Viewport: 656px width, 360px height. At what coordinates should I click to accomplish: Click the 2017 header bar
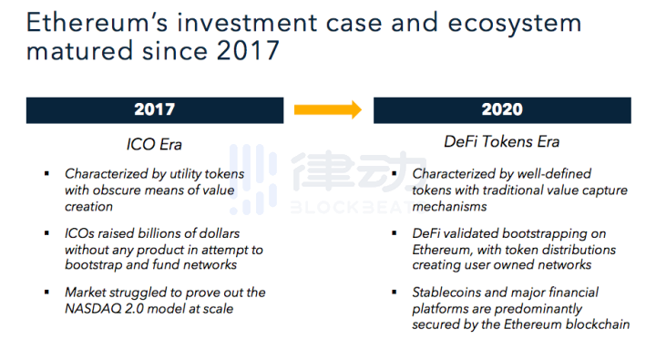(x=154, y=109)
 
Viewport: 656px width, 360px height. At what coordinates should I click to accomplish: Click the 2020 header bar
(x=502, y=109)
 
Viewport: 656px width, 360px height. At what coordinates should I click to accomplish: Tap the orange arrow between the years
(x=328, y=110)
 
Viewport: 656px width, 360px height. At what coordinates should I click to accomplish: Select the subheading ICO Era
(x=155, y=142)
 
